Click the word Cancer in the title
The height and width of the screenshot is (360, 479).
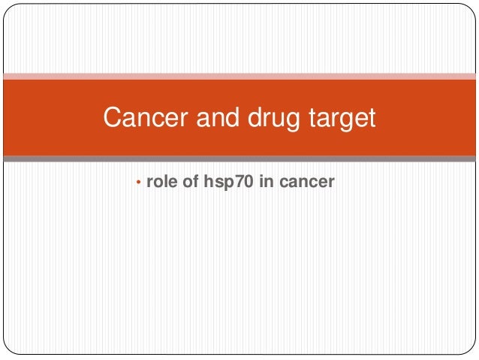coord(143,118)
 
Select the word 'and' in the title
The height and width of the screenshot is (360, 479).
coord(213,118)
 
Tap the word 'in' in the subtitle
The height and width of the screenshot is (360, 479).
coord(264,182)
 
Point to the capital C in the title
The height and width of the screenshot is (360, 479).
coord(113,118)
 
